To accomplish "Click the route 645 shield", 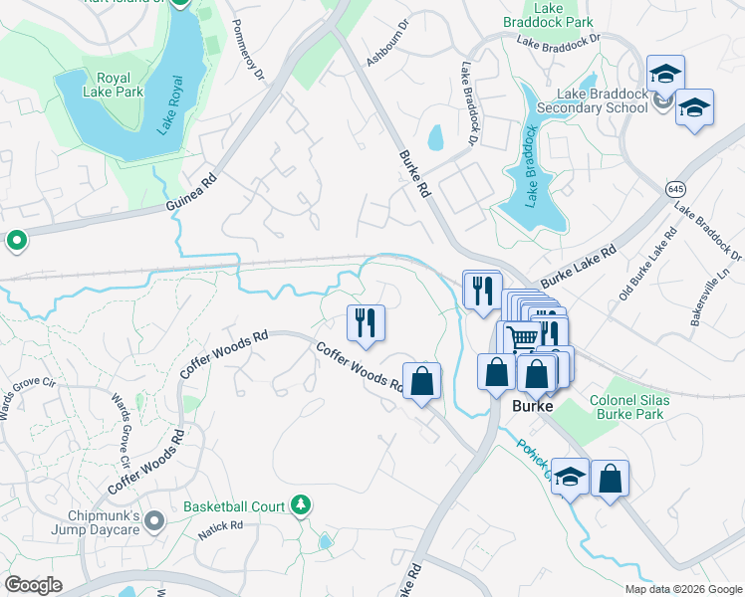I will point(675,188).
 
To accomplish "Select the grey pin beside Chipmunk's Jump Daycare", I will point(153,520).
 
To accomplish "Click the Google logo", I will point(34,585).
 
